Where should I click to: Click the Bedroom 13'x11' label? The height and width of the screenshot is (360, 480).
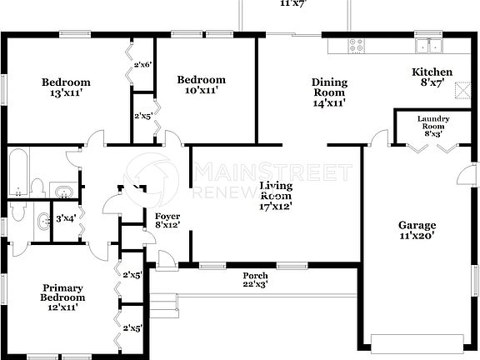point(67,87)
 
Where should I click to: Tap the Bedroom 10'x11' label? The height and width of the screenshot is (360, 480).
point(201,84)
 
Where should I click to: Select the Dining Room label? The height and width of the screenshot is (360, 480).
point(329,92)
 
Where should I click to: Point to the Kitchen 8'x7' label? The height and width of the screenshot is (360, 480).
point(432,77)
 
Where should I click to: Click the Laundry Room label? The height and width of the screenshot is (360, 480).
point(432,126)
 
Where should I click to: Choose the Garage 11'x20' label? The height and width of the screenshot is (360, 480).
point(417,230)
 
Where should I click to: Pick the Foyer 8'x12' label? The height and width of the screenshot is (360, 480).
point(167,221)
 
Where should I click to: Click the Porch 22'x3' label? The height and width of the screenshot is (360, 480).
point(255,280)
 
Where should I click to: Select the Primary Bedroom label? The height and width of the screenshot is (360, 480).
point(64,297)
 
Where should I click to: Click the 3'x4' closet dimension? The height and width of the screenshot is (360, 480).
point(66,218)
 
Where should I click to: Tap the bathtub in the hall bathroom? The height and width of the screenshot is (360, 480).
point(20,172)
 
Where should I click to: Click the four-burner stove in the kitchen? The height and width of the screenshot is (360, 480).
point(356,46)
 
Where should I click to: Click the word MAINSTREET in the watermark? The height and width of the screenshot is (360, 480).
point(272,172)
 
